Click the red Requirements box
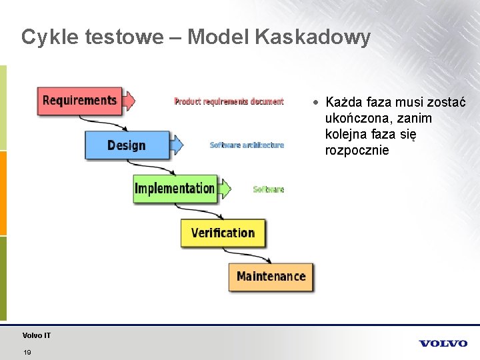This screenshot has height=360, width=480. (x=79, y=101)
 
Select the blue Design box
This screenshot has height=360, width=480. (x=127, y=145)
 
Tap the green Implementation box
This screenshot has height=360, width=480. (x=175, y=189)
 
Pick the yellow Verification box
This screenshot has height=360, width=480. (x=223, y=233)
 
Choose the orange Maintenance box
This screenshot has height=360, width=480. (x=271, y=276)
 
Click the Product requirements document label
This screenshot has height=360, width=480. (x=229, y=101)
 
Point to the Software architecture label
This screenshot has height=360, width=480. (x=247, y=145)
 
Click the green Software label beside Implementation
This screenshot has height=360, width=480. (x=268, y=189)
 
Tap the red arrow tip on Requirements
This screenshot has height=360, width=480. (x=130, y=101)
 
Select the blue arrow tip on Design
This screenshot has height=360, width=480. (x=177, y=144)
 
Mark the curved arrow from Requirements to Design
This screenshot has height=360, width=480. (x=100, y=123)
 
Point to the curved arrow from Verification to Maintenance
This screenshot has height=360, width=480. (x=247, y=255)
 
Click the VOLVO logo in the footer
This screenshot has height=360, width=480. (x=443, y=343)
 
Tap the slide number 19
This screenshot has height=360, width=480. (x=27, y=352)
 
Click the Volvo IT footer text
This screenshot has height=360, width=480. (x=36, y=335)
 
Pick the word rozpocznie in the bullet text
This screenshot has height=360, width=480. (x=357, y=151)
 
